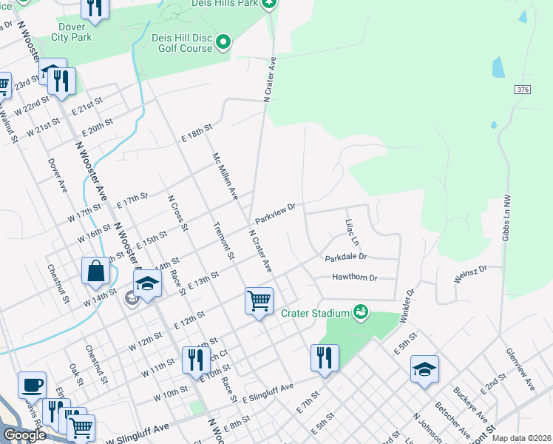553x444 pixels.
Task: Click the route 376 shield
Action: click(x=523, y=90)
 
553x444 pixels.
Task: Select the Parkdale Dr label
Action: click(x=345, y=258)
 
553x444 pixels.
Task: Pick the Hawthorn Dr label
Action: click(x=355, y=278)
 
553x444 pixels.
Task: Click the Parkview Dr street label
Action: click(x=275, y=215)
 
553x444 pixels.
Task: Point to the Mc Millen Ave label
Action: click(x=225, y=177)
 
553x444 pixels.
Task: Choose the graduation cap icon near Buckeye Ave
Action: click(x=424, y=370)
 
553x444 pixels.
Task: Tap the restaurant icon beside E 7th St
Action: click(x=325, y=359)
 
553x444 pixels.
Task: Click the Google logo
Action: click(x=24, y=435)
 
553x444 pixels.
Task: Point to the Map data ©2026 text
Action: click(x=521, y=438)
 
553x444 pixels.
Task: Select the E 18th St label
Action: click(x=197, y=137)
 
